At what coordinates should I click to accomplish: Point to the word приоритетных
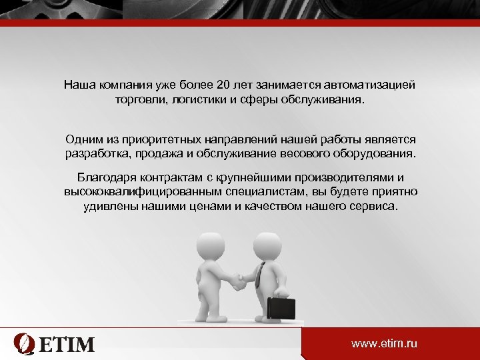[x=157, y=140]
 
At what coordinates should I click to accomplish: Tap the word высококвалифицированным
[x=134, y=192]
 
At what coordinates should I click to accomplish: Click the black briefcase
[x=281, y=307]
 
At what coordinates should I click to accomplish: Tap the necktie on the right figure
[x=259, y=273]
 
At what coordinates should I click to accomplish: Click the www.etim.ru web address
[x=384, y=343]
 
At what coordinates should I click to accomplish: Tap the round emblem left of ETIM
[x=25, y=344]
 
